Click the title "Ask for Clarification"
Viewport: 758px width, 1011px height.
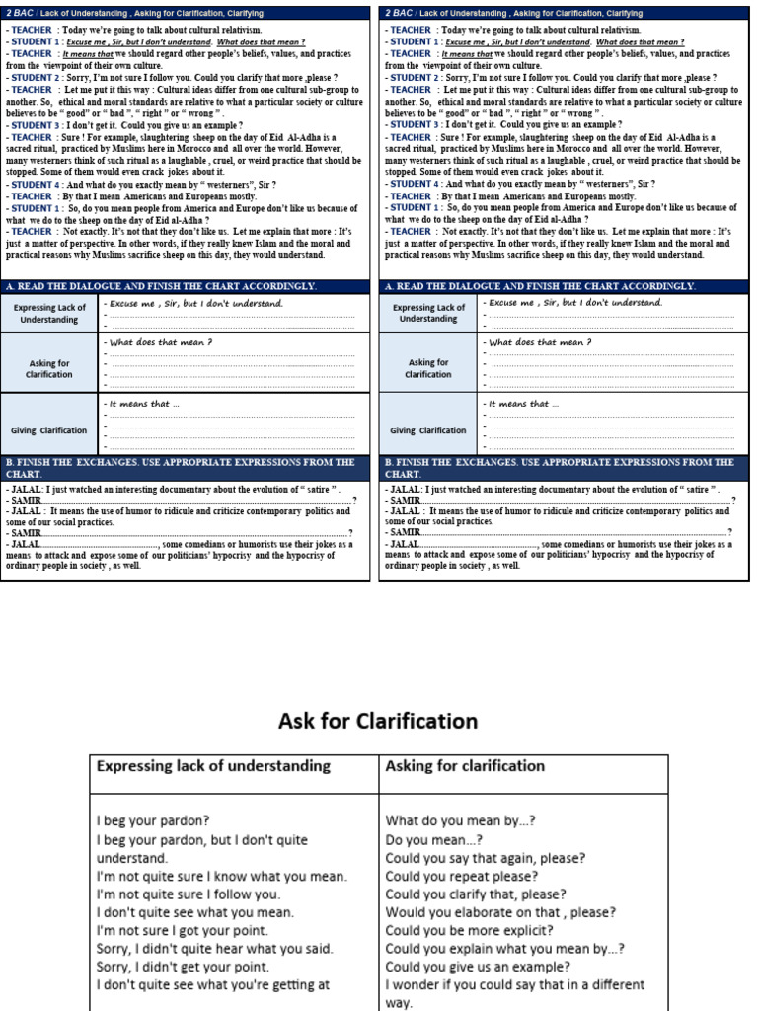(378, 721)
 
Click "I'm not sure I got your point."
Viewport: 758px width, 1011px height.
(195, 930)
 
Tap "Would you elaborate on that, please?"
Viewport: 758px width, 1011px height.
(500, 912)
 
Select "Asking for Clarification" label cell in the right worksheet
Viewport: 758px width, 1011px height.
(428, 368)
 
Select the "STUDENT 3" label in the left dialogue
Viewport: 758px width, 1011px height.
(36, 125)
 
